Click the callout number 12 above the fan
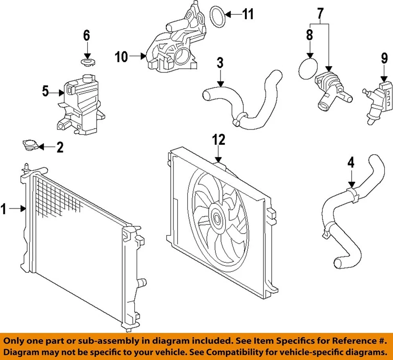coord(219,140)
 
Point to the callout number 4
coord(351,163)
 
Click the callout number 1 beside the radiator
coord(4,209)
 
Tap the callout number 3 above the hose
coord(220,63)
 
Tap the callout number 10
coord(122,57)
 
